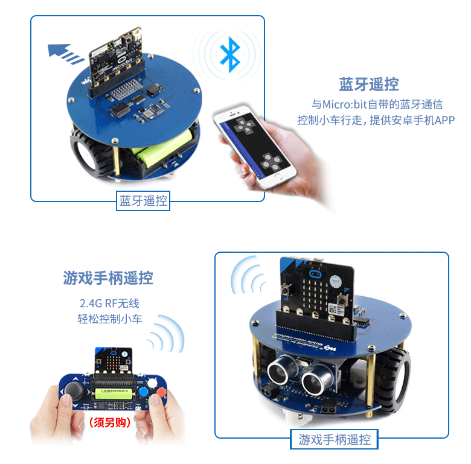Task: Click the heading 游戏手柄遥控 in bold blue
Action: pyautogui.click(x=108, y=278)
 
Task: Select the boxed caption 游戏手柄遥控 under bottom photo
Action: pyautogui.click(x=335, y=439)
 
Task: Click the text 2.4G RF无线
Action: pyautogui.click(x=109, y=303)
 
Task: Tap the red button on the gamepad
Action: pyautogui.click(x=161, y=391)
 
